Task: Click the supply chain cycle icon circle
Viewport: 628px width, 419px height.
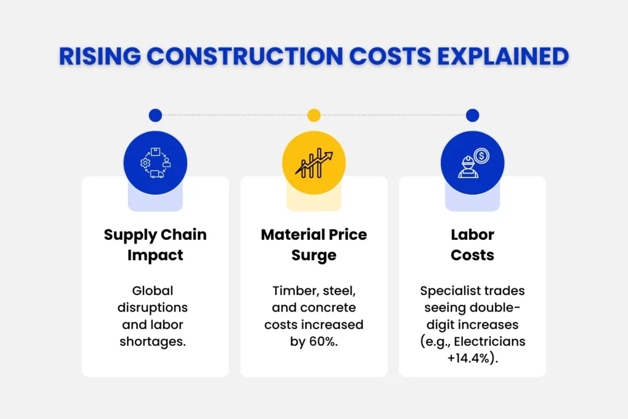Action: click(x=155, y=163)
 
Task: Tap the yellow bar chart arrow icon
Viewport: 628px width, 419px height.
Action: click(x=313, y=163)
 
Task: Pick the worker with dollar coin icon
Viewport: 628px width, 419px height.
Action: click(x=472, y=163)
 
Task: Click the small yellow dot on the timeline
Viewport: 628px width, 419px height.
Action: click(x=314, y=115)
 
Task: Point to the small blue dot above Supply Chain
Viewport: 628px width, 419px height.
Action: click(x=155, y=115)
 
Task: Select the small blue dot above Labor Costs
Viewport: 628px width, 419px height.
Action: click(x=472, y=115)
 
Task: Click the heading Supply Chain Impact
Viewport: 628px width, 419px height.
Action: click(x=155, y=245)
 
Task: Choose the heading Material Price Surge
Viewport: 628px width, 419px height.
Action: click(x=313, y=245)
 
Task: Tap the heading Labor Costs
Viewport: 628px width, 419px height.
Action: click(x=472, y=245)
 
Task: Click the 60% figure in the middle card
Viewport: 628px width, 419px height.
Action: click(x=324, y=342)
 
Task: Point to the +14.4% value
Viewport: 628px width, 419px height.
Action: click(x=472, y=358)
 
